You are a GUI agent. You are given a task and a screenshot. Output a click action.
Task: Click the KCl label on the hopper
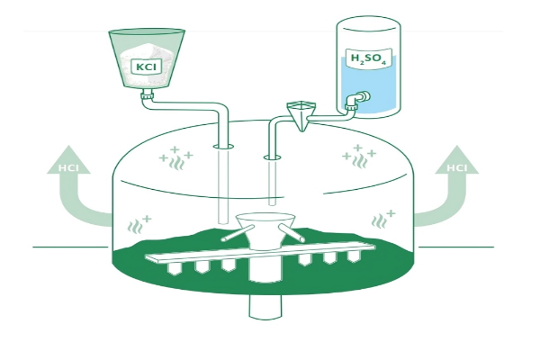pos(146,66)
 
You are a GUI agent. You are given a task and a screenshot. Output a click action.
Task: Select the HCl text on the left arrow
pos(68,168)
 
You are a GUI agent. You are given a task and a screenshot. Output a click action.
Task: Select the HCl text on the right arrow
pos(456,168)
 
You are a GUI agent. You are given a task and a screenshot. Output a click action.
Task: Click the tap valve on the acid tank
pos(357,100)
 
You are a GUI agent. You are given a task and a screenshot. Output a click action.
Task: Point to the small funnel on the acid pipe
pos(301,115)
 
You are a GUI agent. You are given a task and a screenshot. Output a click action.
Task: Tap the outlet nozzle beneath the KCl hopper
pos(147,94)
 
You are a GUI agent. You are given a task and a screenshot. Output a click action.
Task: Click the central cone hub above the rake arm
pos(265,230)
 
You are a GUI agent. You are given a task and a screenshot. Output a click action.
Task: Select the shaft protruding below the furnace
pos(265,306)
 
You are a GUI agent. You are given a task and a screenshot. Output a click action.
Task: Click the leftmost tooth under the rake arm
pos(175,268)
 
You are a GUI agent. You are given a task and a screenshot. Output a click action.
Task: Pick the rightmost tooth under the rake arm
pos(354,256)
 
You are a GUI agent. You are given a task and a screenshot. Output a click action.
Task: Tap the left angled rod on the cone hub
pos(238,232)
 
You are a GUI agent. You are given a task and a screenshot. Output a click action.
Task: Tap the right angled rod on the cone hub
pos(292,233)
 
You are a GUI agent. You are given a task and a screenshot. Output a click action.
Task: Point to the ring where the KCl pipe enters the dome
pos(223,147)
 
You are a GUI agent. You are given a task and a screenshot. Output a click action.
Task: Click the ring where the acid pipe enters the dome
pos(273,157)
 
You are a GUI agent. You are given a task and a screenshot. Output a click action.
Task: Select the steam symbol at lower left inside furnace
pos(139,224)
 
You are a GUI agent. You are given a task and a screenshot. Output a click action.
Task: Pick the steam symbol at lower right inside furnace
pos(383,219)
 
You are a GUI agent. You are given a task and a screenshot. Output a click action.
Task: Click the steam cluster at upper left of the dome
pos(175,158)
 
